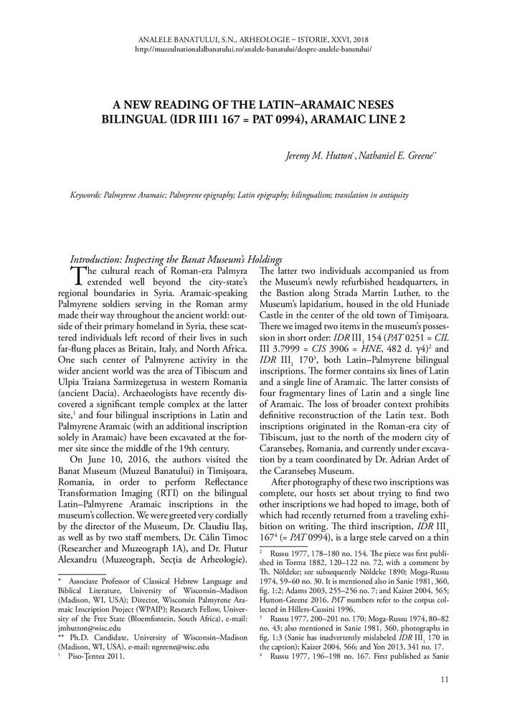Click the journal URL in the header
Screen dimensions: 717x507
click(x=253, y=49)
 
